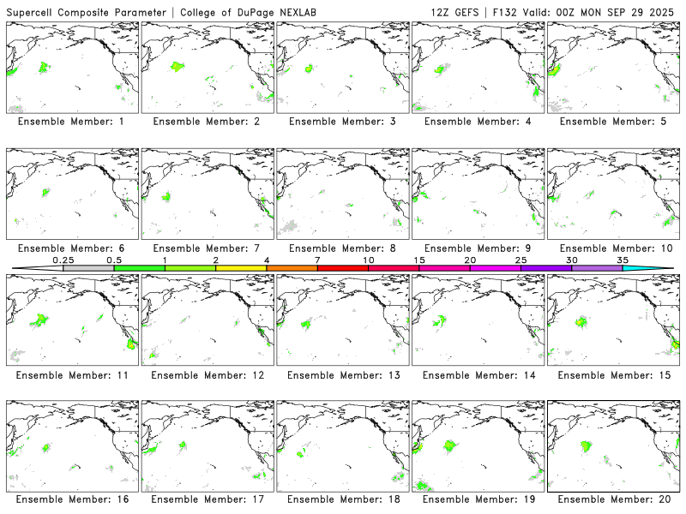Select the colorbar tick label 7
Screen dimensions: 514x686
(317, 260)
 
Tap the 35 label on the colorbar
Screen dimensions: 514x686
(623, 260)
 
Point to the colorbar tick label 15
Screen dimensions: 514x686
(419, 260)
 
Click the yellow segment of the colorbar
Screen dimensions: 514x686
(241, 268)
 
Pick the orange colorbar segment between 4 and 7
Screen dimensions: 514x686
(292, 268)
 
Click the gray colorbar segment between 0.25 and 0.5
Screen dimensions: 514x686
(88, 268)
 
